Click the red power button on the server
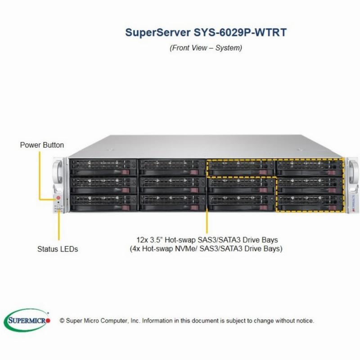[58, 198]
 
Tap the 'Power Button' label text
[42, 145]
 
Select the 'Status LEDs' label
[58, 249]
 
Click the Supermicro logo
[27, 320]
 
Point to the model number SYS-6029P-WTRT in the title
[240, 32]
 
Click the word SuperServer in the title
[158, 32]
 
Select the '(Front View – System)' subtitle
[206, 48]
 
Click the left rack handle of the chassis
[58, 171]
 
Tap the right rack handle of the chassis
[353, 171]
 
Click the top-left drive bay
[103, 167]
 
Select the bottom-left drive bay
[103, 203]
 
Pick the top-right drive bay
[310, 167]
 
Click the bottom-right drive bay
[310, 203]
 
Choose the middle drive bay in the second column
[172, 185]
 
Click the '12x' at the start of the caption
[142, 240]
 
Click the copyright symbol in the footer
[62, 321]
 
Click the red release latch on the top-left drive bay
[126, 172]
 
